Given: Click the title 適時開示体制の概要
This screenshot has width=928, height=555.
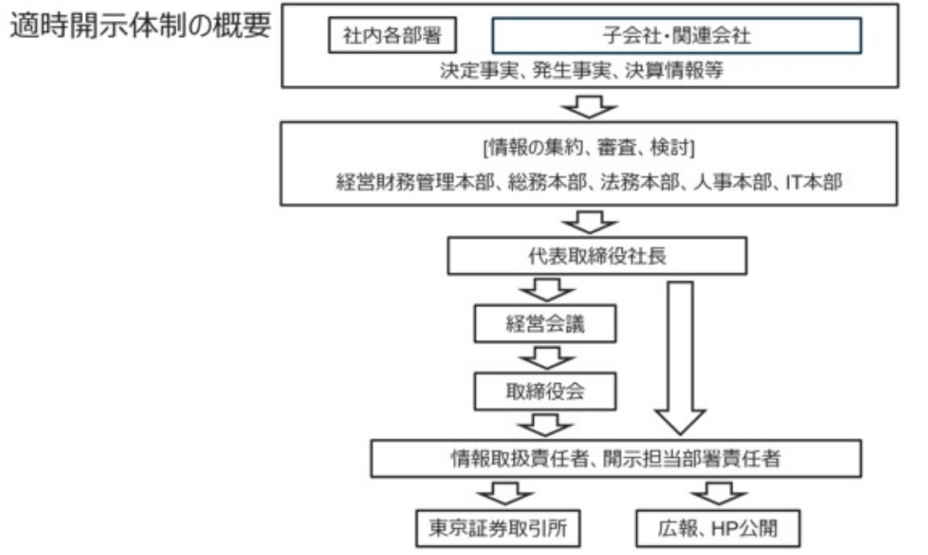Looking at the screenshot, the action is tap(140, 25).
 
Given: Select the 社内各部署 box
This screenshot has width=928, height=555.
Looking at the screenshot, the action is tap(392, 35).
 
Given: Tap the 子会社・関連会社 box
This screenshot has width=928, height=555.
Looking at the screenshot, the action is tap(677, 35).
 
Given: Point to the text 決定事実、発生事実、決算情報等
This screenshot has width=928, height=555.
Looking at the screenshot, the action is tap(582, 70).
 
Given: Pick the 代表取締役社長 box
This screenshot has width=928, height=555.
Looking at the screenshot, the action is tap(597, 256).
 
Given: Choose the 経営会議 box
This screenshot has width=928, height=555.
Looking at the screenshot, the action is tap(545, 324).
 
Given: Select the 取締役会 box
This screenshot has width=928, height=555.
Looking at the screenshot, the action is tap(545, 391).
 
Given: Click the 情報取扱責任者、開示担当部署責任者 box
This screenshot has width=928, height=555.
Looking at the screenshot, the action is tap(616, 459).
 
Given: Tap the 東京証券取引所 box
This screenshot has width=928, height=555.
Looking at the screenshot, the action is tap(498, 528).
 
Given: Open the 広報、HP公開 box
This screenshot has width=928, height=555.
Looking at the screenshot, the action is tap(718, 528).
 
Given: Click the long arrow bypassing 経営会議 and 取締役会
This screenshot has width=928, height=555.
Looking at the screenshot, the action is tap(680, 358).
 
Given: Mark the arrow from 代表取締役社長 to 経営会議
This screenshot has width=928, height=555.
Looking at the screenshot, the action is tap(548, 290).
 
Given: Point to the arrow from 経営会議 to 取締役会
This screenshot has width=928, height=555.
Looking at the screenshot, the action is tap(548, 358).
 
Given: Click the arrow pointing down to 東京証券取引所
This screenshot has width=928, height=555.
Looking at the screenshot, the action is tap(504, 493).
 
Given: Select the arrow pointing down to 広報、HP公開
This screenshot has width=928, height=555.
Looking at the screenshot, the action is tap(719, 493).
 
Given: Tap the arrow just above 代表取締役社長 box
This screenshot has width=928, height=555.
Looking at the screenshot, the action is tap(590, 223).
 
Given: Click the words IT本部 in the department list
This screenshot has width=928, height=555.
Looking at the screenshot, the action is tap(814, 182).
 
